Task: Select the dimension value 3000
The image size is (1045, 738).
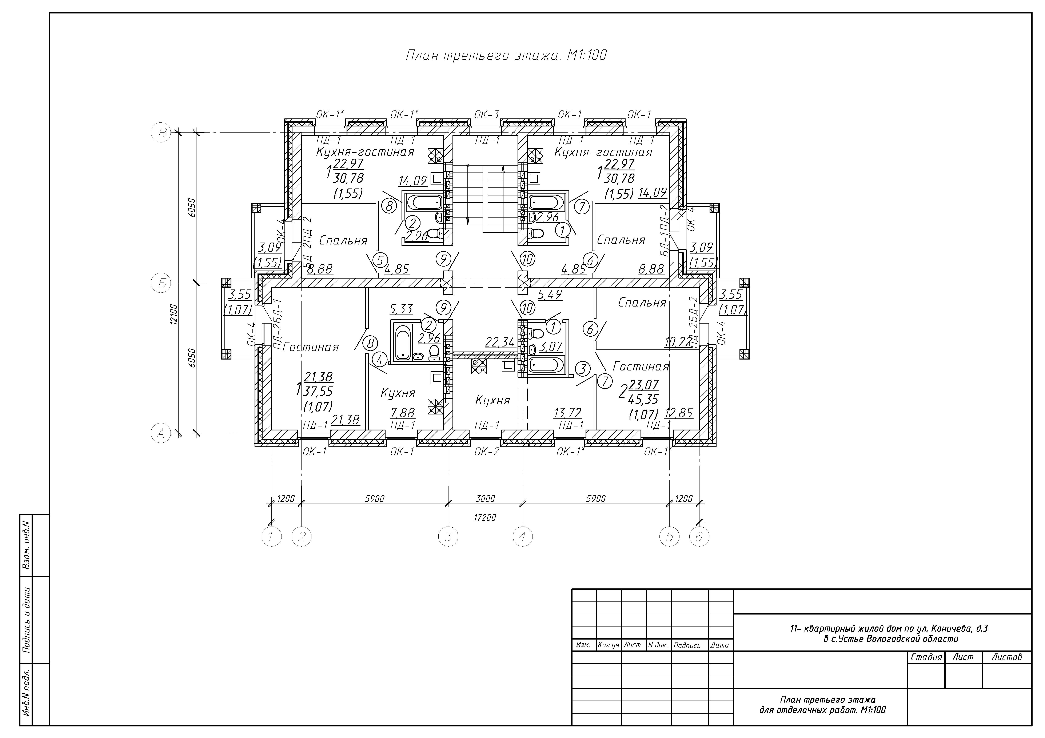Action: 485,499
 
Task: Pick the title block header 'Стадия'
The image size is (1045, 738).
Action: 926,657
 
